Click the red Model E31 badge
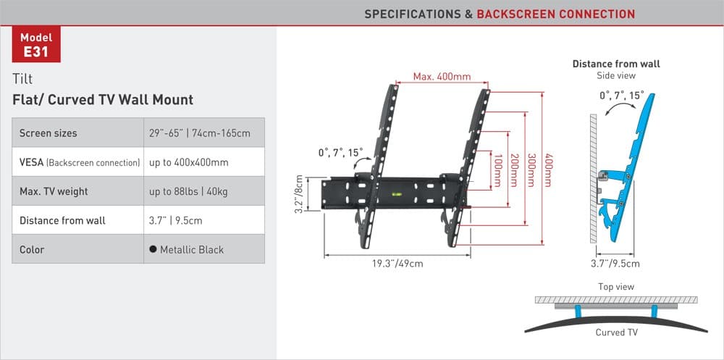pos(35,45)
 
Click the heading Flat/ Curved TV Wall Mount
pos(103,100)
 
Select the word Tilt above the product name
pos(22,79)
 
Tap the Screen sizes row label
pos(48,133)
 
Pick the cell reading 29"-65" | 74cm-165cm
pos(200,133)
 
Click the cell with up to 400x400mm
pos(189,162)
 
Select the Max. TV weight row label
pos(54,191)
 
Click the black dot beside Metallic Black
pos(153,249)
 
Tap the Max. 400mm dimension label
pos(442,77)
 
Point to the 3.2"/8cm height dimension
pos(298,193)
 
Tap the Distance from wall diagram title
pos(616,64)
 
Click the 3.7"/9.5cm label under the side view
pos(616,264)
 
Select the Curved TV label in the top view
pos(616,332)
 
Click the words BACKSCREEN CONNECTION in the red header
pos(555,14)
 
